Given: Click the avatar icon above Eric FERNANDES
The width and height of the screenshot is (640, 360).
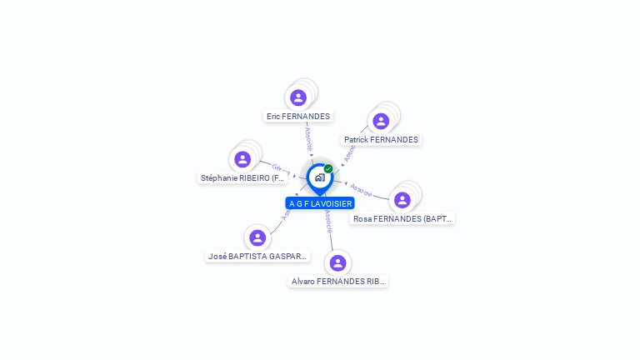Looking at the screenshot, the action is (298, 97).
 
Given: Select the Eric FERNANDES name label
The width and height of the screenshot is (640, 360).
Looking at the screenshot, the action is (298, 117).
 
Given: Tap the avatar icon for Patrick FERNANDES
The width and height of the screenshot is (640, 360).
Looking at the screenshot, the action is (381, 121).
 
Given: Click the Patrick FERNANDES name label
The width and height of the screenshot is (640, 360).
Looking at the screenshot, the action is (381, 139).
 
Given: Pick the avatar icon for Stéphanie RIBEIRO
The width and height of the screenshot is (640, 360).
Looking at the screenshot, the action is (242, 159).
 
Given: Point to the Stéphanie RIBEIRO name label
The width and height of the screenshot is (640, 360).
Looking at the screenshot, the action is (243, 177).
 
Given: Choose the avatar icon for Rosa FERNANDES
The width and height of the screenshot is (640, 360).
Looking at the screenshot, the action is (402, 200).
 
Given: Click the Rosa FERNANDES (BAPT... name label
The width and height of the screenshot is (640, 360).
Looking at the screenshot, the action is (402, 218).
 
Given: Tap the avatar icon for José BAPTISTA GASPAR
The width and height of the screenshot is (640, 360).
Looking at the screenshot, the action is (257, 238).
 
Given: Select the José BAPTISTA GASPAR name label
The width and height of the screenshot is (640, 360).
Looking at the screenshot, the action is (257, 257).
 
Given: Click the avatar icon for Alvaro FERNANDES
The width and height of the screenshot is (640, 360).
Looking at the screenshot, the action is (337, 263).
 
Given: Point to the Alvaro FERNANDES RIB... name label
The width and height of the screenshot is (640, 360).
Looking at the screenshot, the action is (338, 282).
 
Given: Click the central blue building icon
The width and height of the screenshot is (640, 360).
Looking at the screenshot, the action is (319, 177).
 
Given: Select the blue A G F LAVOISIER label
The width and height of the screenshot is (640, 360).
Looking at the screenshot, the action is (320, 203).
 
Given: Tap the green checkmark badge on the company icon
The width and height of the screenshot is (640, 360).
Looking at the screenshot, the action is (328, 168).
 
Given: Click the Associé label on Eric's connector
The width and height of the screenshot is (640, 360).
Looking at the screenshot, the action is (308, 137).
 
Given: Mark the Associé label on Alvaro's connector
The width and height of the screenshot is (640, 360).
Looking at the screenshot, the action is (329, 221).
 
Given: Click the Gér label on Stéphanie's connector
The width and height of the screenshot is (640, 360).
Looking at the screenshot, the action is (277, 167).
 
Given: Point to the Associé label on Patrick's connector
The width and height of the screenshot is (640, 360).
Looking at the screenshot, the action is (350, 152).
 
